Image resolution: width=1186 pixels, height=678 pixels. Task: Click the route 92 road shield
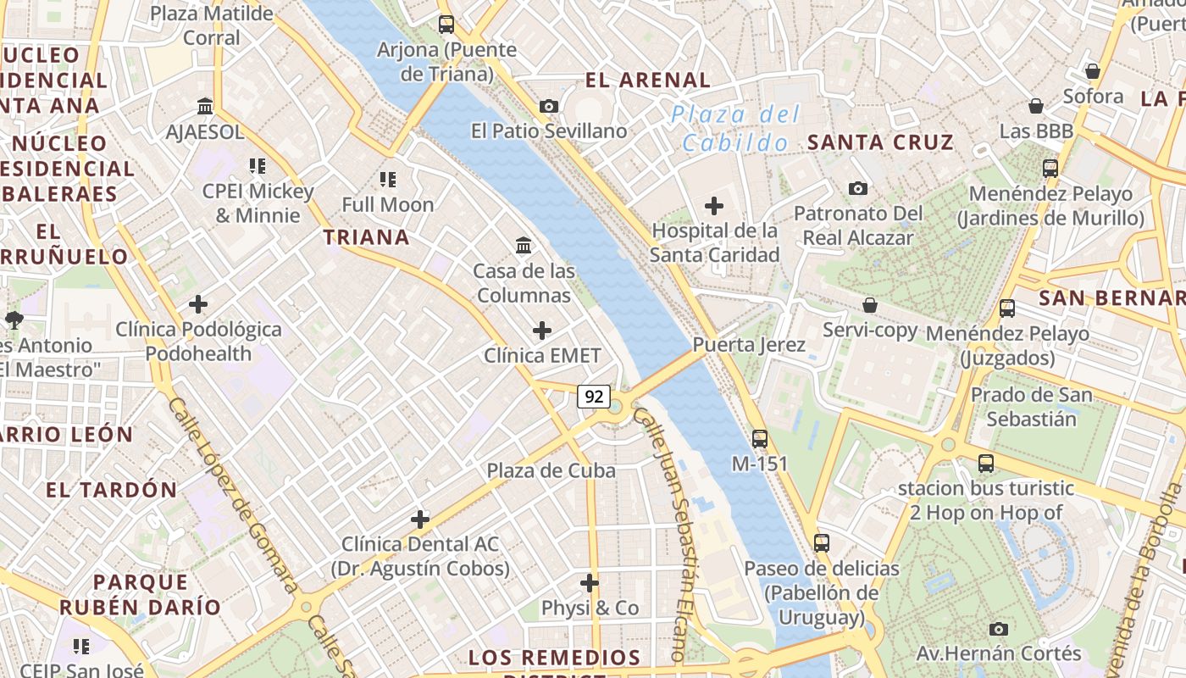(x=595, y=396)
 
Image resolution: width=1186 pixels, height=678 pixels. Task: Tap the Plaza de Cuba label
(x=551, y=470)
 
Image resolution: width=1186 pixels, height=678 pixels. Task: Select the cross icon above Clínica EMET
(x=542, y=331)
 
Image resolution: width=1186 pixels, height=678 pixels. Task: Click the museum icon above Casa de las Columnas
(x=524, y=247)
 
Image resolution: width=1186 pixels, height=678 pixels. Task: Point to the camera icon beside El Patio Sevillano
(x=549, y=107)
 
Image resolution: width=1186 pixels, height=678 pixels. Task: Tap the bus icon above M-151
(x=760, y=439)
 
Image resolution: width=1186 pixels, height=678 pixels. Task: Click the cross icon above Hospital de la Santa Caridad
(x=714, y=205)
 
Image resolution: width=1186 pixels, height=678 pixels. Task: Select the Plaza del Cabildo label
(x=735, y=128)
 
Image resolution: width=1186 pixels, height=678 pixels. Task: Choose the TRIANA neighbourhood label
(x=367, y=237)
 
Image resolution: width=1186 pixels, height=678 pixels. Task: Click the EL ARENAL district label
(x=648, y=81)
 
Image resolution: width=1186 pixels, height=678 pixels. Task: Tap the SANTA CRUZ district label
(x=881, y=142)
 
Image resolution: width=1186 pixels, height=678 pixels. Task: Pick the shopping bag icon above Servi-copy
(x=870, y=305)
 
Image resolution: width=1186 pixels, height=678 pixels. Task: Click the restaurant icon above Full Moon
(x=388, y=180)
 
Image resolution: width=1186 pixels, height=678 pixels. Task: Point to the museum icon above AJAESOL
(x=205, y=107)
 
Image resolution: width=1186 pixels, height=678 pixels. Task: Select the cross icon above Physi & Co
(x=590, y=583)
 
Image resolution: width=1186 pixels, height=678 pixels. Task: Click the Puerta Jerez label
(x=749, y=345)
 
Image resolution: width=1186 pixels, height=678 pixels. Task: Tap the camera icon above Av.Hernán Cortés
(x=999, y=629)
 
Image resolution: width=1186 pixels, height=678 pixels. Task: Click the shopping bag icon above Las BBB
(x=1035, y=106)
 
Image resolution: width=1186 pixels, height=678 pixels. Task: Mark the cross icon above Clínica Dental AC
(x=420, y=519)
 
